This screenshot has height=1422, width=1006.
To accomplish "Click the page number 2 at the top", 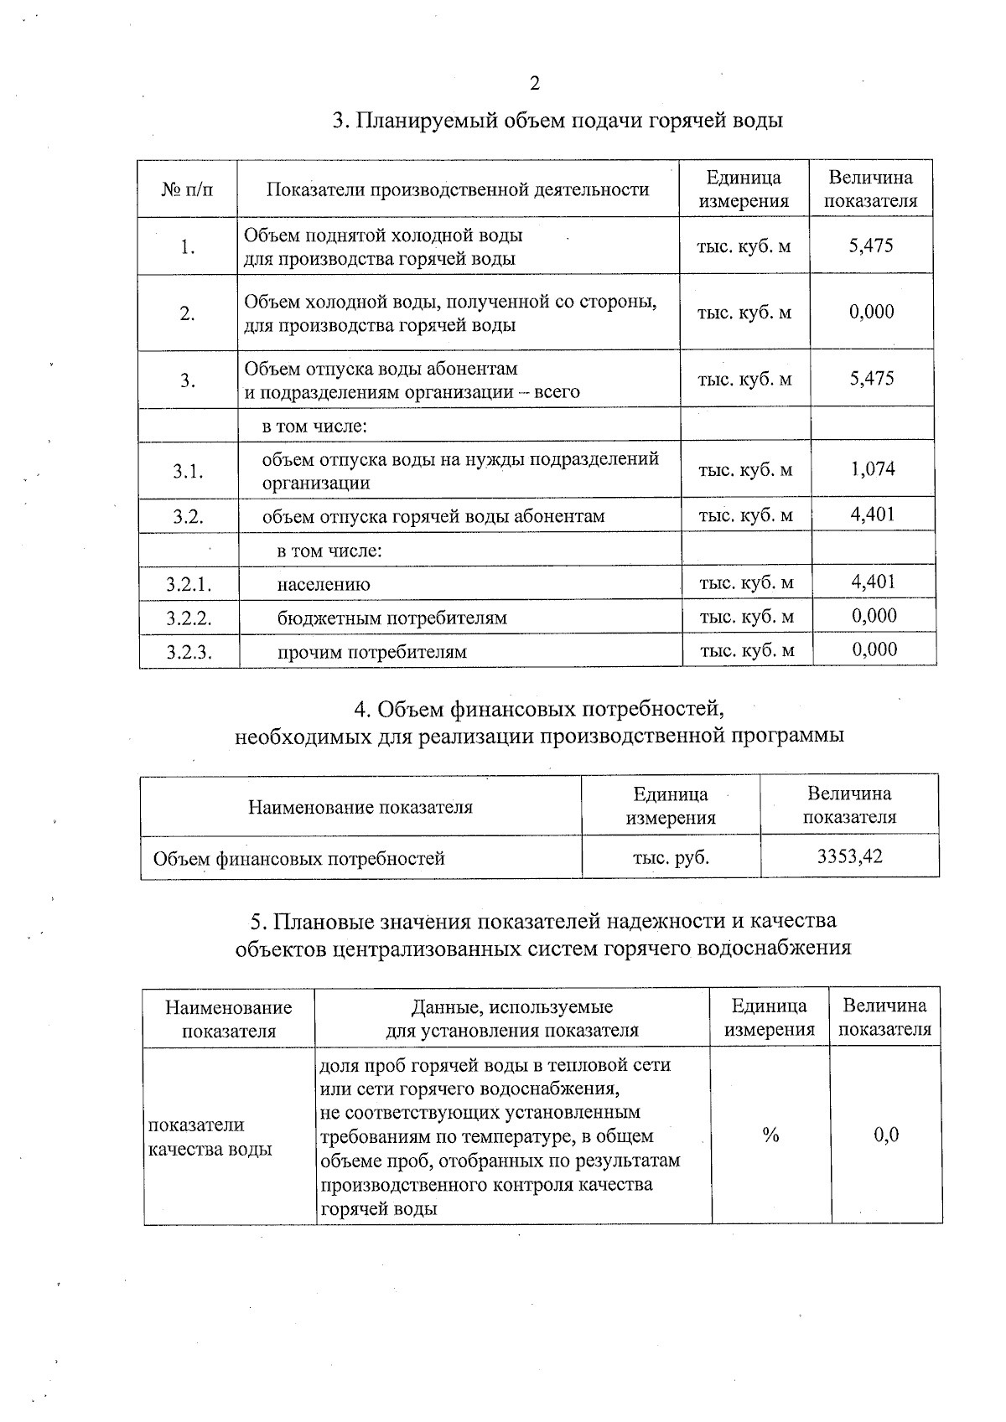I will [x=535, y=83].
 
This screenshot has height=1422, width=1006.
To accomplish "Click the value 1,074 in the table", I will [x=873, y=469].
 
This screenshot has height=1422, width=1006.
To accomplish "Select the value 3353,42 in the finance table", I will [x=849, y=856].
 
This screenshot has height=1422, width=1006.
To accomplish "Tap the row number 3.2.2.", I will [x=189, y=618].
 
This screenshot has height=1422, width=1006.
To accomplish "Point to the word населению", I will [x=324, y=585].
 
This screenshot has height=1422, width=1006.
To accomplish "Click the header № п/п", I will [x=187, y=189].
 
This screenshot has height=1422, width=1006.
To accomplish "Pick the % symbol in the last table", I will [x=770, y=1135].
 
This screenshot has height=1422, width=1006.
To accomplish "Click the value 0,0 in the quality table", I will [x=886, y=1135].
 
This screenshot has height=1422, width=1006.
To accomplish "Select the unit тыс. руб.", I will [x=671, y=857].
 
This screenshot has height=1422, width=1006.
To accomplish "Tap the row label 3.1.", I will [x=189, y=471].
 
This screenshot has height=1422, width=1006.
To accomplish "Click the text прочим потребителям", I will [x=372, y=652].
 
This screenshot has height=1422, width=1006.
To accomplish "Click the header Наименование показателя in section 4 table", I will [x=360, y=807].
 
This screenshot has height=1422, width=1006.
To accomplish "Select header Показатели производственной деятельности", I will [x=458, y=189].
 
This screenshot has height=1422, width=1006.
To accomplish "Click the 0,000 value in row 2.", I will [x=871, y=313].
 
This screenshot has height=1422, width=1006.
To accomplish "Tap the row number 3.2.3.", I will [x=189, y=652].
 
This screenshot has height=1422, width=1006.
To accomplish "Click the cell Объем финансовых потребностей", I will [x=299, y=858].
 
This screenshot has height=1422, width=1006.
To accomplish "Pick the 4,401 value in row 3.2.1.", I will [x=873, y=582].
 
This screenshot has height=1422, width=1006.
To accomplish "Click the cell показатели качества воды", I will [x=210, y=1137].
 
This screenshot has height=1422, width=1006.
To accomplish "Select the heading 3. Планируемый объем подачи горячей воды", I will [x=557, y=121].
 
